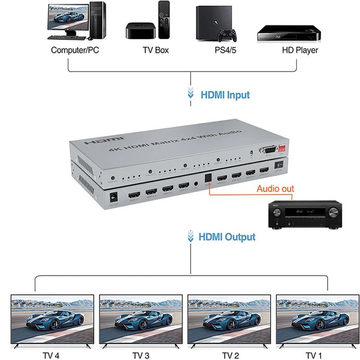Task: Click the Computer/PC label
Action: pyautogui.click(x=75, y=50)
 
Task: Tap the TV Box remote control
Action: pyautogui.click(x=164, y=20)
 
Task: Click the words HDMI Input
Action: pyautogui.click(x=225, y=95)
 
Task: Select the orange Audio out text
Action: pyautogui.click(x=275, y=188)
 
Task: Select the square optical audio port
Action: pyautogui.click(x=207, y=178)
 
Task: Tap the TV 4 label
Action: pyautogui.click(x=51, y=355)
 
